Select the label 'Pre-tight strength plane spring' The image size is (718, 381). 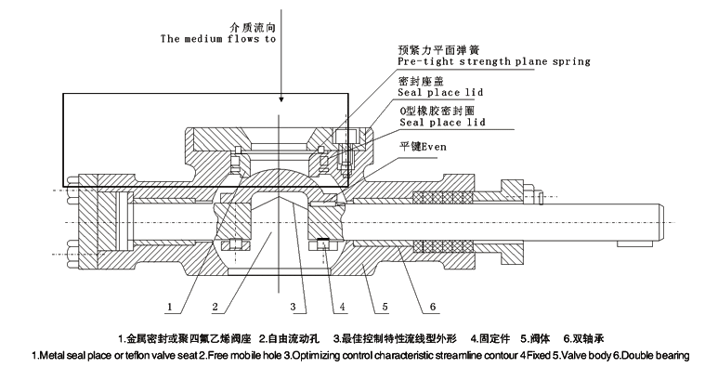493,61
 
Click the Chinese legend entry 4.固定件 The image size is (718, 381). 489,336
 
